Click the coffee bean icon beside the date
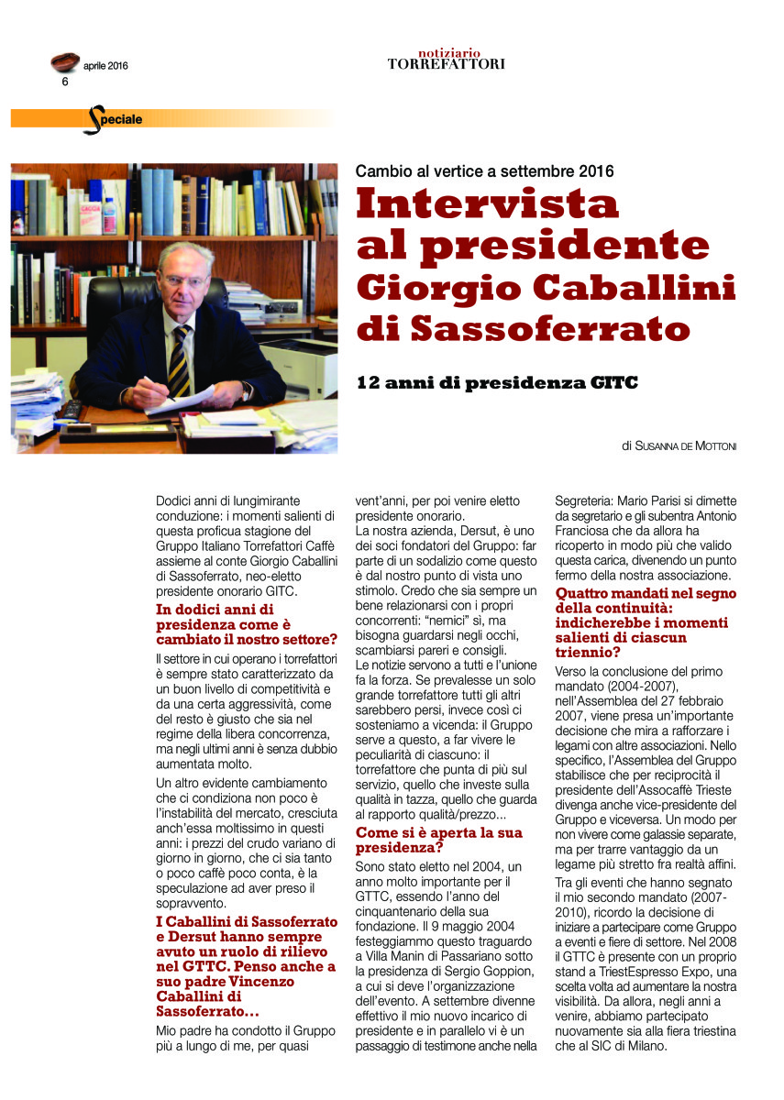click(64, 62)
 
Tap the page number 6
click(65, 81)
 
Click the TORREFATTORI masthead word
click(446, 64)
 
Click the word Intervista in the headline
click(487, 203)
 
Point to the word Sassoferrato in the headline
click(536, 326)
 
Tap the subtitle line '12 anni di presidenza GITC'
click(496, 383)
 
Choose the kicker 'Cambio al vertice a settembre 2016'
click(484, 171)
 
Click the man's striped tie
click(180, 362)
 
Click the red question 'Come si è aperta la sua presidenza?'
click(438, 841)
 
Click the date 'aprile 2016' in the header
click(106, 65)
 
